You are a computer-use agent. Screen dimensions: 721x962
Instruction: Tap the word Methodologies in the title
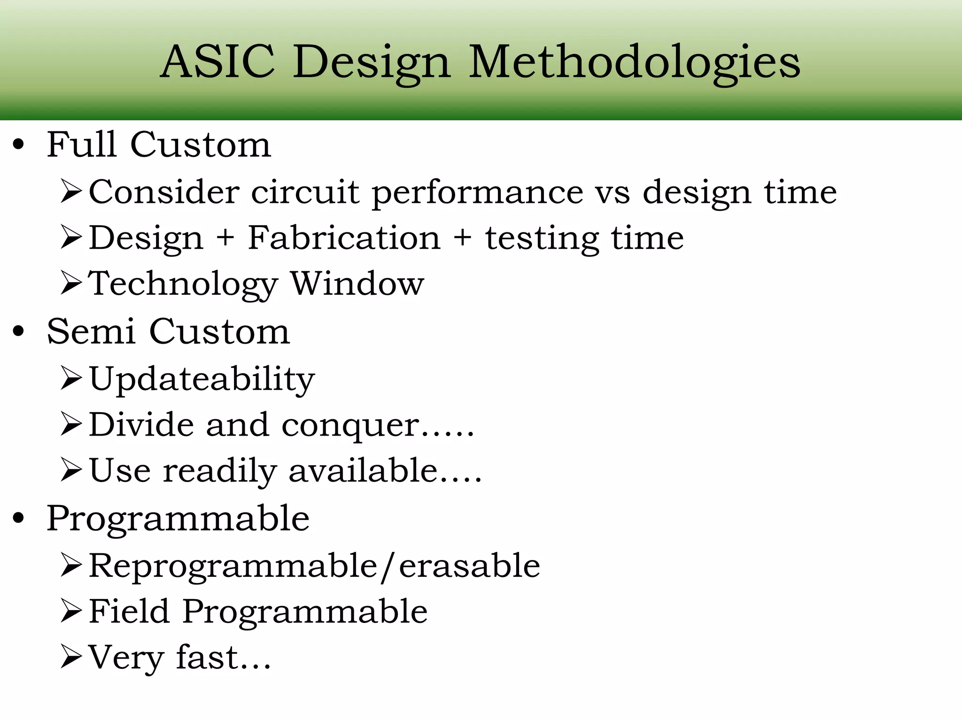pyautogui.click(x=635, y=62)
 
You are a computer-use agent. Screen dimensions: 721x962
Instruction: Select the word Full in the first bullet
pyautogui.click(x=81, y=144)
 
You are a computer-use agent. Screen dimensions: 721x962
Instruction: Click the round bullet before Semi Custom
pyautogui.click(x=18, y=331)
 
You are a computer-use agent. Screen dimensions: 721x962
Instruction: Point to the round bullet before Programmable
pyautogui.click(x=18, y=518)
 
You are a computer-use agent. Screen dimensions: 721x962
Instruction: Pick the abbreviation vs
pyautogui.click(x=613, y=192)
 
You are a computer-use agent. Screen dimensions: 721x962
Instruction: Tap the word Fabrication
pyautogui.click(x=344, y=238)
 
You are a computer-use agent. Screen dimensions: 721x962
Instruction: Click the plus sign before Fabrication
pyautogui.click(x=225, y=238)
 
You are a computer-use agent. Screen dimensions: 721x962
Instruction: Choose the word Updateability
pyautogui.click(x=202, y=379)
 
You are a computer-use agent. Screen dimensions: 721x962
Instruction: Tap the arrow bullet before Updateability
pyautogui.click(x=71, y=378)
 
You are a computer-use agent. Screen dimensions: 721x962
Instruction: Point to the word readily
pyautogui.click(x=219, y=471)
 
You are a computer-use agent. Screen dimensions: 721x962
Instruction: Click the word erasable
pyautogui.click(x=469, y=566)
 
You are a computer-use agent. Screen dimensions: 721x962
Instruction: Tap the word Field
pyautogui.click(x=129, y=611)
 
